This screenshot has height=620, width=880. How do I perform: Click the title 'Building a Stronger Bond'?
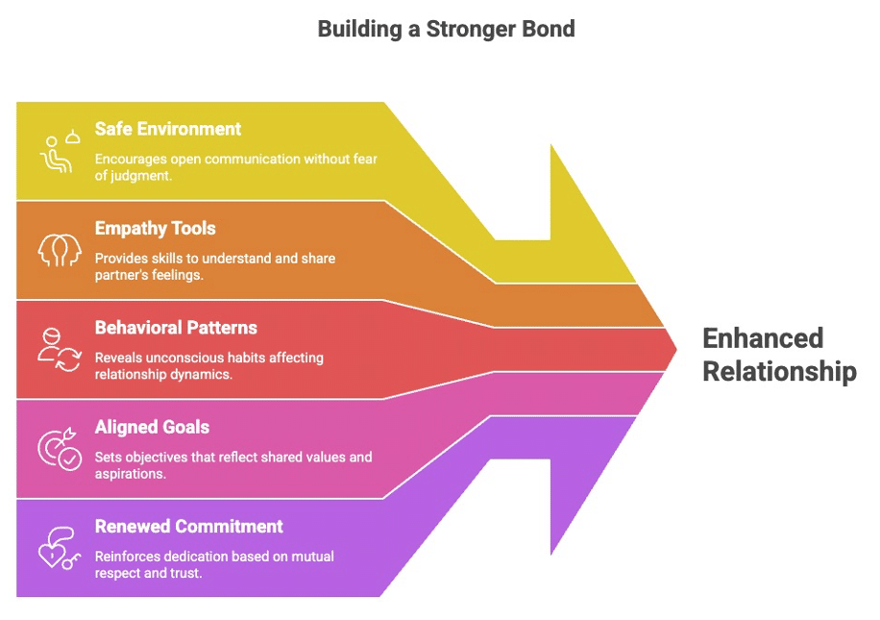[x=446, y=29]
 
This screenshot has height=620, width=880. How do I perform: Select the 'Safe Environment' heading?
[x=168, y=129]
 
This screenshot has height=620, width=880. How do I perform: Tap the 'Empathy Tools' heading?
[x=155, y=229]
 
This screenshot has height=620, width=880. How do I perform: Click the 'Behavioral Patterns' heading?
[x=176, y=328]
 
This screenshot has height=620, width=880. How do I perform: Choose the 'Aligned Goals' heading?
[x=152, y=427]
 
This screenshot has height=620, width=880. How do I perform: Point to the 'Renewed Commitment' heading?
[x=188, y=526]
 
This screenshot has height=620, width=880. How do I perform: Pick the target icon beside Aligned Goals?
[x=58, y=448]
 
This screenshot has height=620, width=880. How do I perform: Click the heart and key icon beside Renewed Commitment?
[x=58, y=548]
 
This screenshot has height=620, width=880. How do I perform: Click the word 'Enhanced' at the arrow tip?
[x=763, y=338]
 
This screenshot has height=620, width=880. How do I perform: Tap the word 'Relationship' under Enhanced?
[x=779, y=371]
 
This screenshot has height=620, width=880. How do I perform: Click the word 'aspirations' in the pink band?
[x=131, y=473]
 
